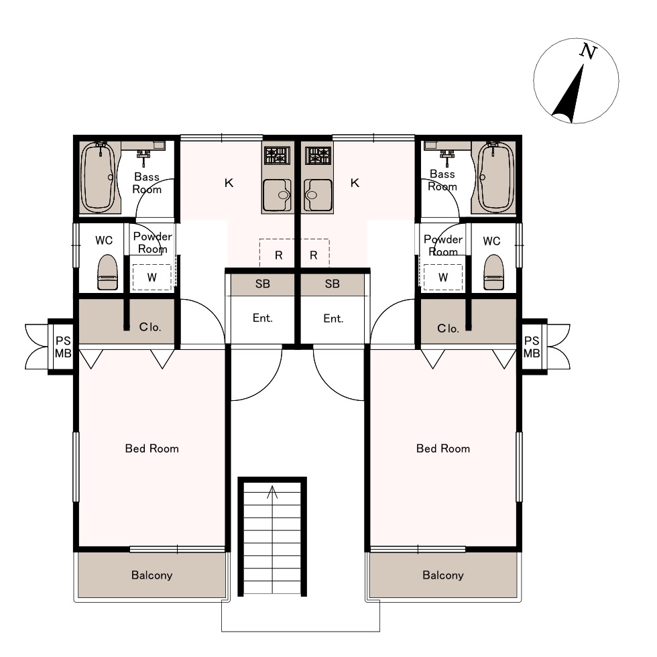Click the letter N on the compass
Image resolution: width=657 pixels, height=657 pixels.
pos(588,51)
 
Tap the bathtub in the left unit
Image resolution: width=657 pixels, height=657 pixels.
pos(98,177)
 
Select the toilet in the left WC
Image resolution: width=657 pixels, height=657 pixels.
pos(107,273)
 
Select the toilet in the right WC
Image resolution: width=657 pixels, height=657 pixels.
pos(493,273)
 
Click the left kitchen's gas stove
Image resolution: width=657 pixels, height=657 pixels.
pos(277,155)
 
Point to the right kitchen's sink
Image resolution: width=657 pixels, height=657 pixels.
pos(318,195)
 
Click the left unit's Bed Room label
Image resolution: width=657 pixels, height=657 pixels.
pos(152,449)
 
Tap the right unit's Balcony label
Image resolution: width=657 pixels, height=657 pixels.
pos(443,575)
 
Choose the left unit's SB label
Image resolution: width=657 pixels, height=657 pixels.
pos(263,284)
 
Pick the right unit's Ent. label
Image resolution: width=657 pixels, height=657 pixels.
pos(334,318)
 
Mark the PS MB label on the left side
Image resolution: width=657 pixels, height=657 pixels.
pos(63,347)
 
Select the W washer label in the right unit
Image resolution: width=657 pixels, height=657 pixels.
pos(443,278)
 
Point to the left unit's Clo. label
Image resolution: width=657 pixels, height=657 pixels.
pos(150,327)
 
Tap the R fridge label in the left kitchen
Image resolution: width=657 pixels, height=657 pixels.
pos(279,255)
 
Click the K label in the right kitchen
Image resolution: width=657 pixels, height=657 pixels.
pos(355,182)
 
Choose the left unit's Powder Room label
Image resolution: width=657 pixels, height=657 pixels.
pos(153,243)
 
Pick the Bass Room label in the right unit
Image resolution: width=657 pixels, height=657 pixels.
pos(442,180)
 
